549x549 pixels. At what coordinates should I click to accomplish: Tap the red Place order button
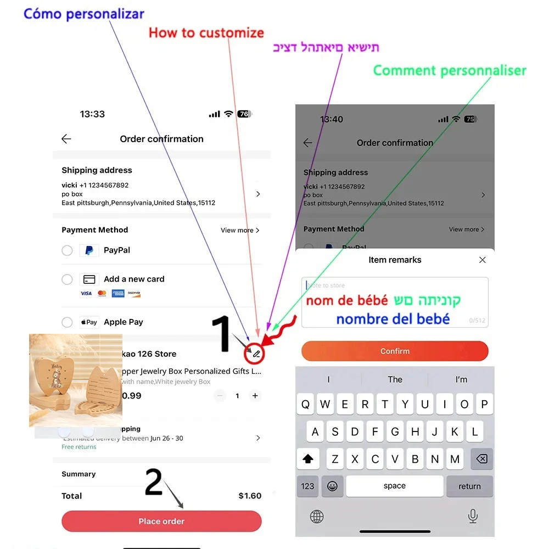point(161,521)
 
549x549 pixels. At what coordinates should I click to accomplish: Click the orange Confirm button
point(395,351)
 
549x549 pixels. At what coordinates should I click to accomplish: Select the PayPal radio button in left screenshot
point(67,250)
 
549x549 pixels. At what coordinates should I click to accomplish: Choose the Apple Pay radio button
point(67,322)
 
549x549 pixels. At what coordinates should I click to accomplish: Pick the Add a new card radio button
point(67,279)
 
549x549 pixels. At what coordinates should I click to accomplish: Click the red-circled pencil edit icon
point(256,354)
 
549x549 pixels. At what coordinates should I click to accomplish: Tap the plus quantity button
point(255,395)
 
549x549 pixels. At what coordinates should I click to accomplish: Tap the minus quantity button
point(220,395)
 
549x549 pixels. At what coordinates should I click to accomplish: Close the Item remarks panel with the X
point(482,260)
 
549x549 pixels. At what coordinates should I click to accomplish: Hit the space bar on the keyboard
point(394,486)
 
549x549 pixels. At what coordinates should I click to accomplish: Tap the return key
point(469,486)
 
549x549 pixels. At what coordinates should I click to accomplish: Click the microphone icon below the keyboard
point(472,516)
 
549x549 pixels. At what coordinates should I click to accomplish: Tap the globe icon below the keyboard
point(317,516)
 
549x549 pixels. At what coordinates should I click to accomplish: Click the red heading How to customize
point(206,33)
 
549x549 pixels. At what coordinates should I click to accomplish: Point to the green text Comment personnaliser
point(450,71)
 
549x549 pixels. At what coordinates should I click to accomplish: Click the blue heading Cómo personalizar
point(84,14)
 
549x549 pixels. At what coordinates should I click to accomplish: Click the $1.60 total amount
point(250,496)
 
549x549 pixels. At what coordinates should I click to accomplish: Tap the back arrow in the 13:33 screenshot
point(66,139)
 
